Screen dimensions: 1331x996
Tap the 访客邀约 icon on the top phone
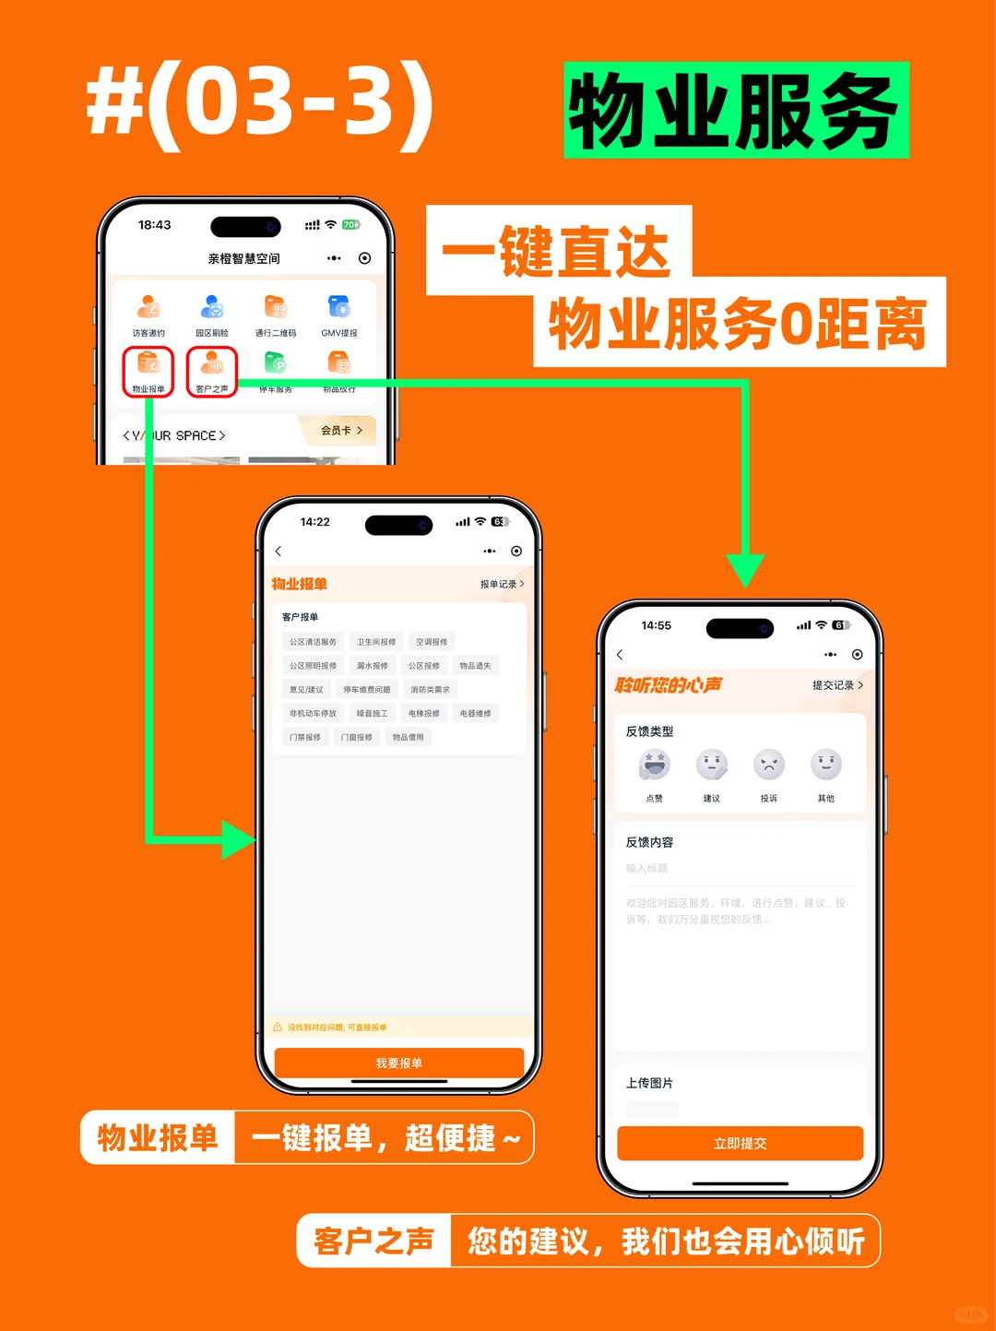[148, 308]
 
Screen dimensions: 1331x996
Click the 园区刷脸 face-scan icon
[212, 308]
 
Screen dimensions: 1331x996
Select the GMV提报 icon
[339, 308]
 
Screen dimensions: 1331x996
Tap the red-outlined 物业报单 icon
[148, 366]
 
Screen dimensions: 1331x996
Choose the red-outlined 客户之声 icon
[212, 366]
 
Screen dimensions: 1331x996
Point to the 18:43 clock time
[155, 225]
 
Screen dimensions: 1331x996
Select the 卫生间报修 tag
[376, 642]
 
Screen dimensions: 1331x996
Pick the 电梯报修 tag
[424, 713]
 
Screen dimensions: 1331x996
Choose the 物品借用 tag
[408, 737]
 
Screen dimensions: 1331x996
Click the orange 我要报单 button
[398, 1064]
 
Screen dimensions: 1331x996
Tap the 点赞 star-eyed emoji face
[655, 765]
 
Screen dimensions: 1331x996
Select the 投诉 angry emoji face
[769, 765]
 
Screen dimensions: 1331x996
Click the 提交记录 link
[837, 685]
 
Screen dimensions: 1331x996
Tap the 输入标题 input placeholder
[647, 868]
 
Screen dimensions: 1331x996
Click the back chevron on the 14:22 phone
[279, 552]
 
